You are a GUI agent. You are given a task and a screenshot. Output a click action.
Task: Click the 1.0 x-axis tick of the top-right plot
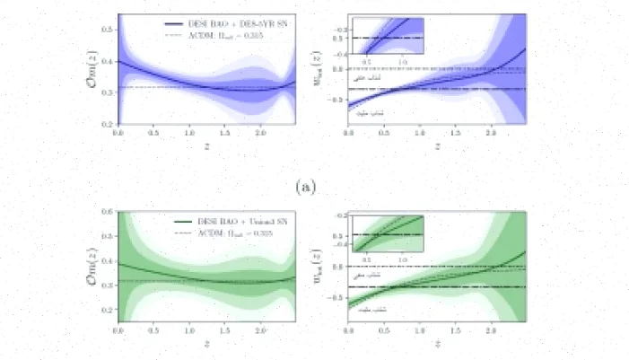tap(420, 132)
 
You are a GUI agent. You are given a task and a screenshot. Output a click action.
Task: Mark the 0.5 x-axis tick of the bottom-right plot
tap(384, 328)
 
